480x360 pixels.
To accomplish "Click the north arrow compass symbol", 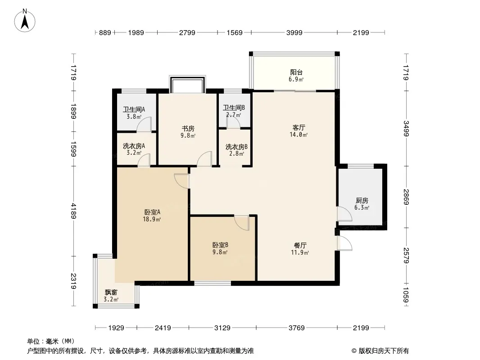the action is click(x=25, y=21).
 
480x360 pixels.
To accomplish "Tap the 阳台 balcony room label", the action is click(x=296, y=72).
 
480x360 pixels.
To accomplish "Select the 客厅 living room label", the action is click(x=299, y=127).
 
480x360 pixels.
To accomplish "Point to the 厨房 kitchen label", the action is click(x=362, y=201).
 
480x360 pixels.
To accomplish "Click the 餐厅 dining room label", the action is click(x=300, y=245).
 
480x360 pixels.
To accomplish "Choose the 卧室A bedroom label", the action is click(x=152, y=212).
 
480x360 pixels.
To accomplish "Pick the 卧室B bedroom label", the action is click(x=220, y=245).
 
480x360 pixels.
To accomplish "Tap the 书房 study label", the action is click(x=188, y=128).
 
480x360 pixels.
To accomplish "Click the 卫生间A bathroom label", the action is click(x=134, y=109).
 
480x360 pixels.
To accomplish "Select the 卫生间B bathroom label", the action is click(x=234, y=108).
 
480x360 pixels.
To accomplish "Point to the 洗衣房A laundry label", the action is click(x=134, y=146).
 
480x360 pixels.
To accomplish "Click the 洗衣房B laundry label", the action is click(x=236, y=147).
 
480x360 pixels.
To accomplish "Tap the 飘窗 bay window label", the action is click(x=111, y=292).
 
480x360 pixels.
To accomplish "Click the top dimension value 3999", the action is click(x=294, y=32).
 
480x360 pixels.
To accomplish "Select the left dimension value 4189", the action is click(x=73, y=211).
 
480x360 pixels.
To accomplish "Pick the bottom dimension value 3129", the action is click(x=222, y=328).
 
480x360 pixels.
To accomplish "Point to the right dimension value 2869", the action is click(x=406, y=197).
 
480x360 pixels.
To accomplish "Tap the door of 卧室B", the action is click(x=242, y=223).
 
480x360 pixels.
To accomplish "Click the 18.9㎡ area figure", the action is click(x=152, y=219).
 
